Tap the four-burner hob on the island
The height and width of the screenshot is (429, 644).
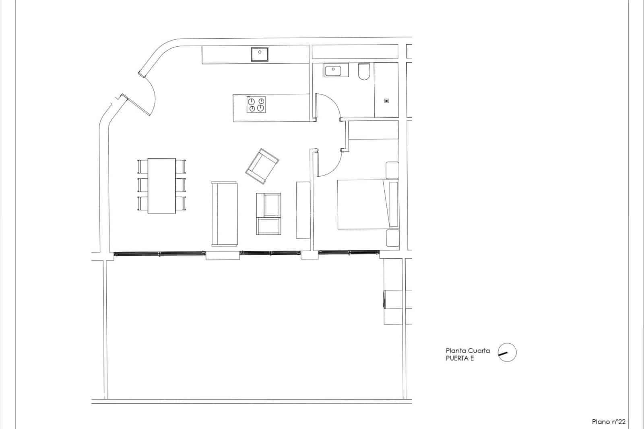pyautogui.click(x=256, y=105)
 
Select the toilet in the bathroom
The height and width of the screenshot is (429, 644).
pyautogui.click(x=363, y=72)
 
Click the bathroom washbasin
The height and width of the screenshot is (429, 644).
pyautogui.click(x=333, y=71)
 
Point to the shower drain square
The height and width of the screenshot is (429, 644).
pyautogui.click(x=386, y=101)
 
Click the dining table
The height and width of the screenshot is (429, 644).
pyautogui.click(x=162, y=186)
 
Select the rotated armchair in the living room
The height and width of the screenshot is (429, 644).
pyautogui.click(x=262, y=166)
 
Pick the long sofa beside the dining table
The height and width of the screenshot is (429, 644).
pyautogui.click(x=225, y=214)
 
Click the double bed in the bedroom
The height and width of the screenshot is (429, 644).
pyautogui.click(x=362, y=205)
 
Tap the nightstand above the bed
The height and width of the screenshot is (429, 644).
pyautogui.click(x=392, y=170)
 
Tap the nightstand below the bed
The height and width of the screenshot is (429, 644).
pyautogui.click(x=392, y=238)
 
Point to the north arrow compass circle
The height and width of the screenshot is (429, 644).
pyautogui.click(x=507, y=353)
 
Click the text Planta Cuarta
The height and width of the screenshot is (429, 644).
pyautogui.click(x=468, y=351)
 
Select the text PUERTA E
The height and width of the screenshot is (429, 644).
pyautogui.click(x=460, y=358)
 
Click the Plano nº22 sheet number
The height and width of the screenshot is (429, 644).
pyautogui.click(x=609, y=422)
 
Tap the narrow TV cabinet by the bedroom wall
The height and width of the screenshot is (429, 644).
pyautogui.click(x=302, y=210)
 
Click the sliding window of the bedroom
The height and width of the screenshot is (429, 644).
pyautogui.click(x=349, y=253)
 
